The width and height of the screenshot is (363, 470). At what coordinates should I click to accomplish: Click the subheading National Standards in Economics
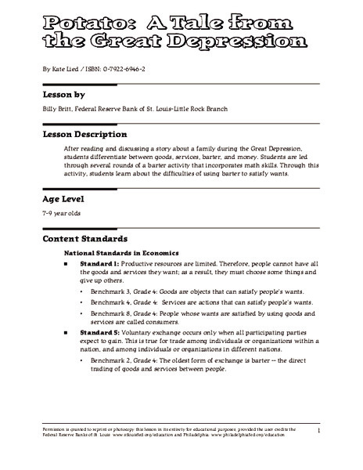pyautogui.click(x=123, y=254)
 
